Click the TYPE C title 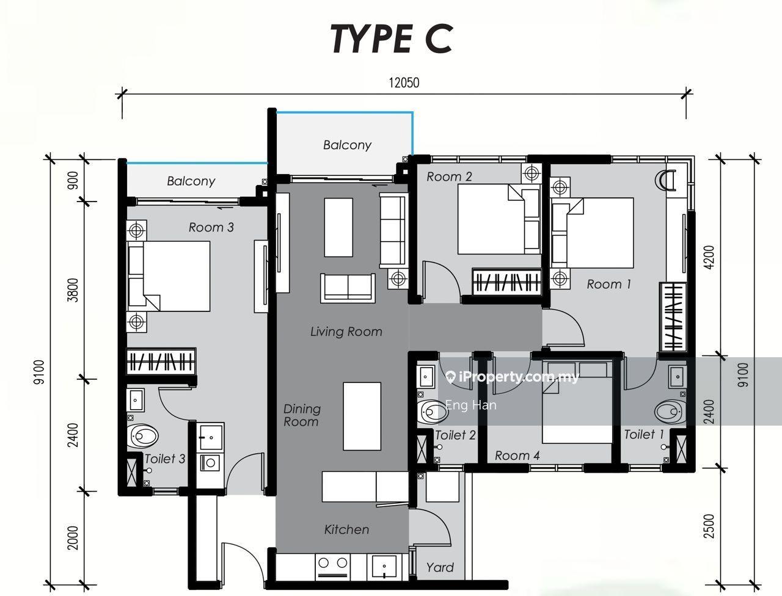point(392,39)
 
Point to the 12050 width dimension point(404,82)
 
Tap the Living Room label point(346,332)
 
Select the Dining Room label point(302,415)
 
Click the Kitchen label point(346,529)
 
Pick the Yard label point(440,567)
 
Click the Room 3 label point(211,227)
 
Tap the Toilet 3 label point(165,459)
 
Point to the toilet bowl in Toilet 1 point(670,412)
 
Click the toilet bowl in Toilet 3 point(142,436)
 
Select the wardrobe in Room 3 point(161,362)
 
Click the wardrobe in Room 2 point(507,282)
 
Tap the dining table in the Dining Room point(362,416)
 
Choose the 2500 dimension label point(709,526)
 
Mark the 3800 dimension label point(73,290)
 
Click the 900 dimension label point(73,181)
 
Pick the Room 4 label point(517,456)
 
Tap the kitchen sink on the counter point(384,567)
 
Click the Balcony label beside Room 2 point(348,145)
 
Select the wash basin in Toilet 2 point(425,376)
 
